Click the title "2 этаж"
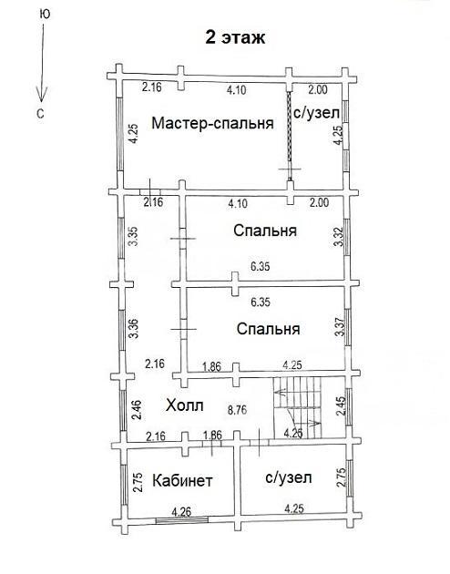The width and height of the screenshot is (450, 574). coord(235,37)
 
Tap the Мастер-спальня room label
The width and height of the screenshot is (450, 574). coord(212,123)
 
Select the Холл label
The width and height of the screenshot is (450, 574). coord(184,405)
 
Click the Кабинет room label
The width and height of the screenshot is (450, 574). coord(182,480)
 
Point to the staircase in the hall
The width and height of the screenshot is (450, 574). coord(297,408)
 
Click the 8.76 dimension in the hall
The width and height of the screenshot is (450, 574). coord(238,410)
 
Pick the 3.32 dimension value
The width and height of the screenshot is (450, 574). coord(339,237)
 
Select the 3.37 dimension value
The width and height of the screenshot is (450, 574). coord(340,327)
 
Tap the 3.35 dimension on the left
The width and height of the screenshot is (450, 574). coord(134,237)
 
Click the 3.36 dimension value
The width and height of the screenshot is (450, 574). coord(135,329)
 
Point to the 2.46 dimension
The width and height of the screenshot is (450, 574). coord(137,411)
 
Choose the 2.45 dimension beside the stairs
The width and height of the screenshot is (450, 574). coord(341,406)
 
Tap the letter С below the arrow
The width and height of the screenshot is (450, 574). coord(40,114)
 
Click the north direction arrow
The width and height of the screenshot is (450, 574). coord(42,63)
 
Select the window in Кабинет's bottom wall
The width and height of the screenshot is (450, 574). coord(182,518)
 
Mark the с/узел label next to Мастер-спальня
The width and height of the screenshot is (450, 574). coord(317,113)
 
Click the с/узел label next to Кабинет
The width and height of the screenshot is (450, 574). coord(288,477)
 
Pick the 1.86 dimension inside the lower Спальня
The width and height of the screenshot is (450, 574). coord(212,366)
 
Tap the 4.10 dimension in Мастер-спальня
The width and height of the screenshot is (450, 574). coord(236,89)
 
